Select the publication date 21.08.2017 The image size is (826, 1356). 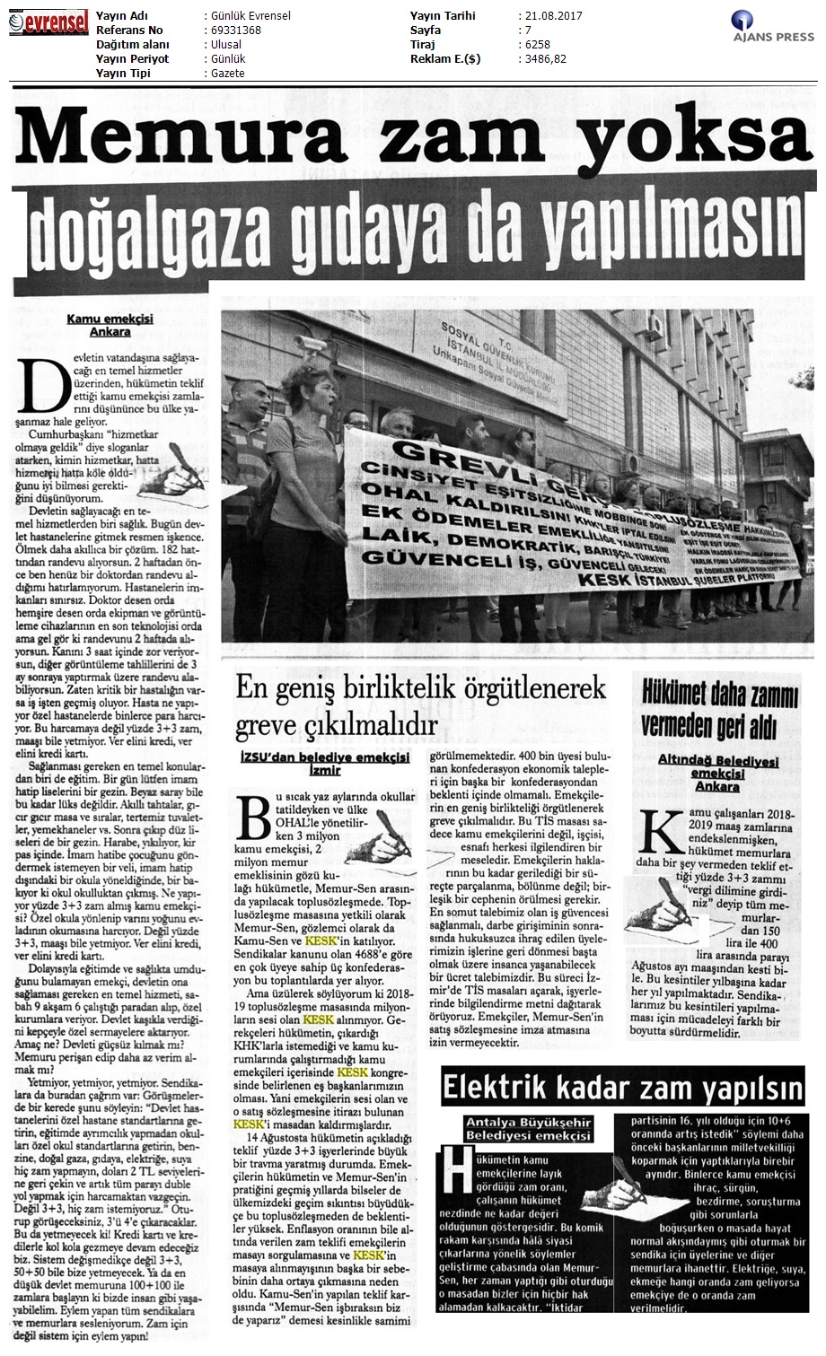[549, 16]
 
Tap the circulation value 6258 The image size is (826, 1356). [535, 45]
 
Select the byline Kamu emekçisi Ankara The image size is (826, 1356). [99, 325]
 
